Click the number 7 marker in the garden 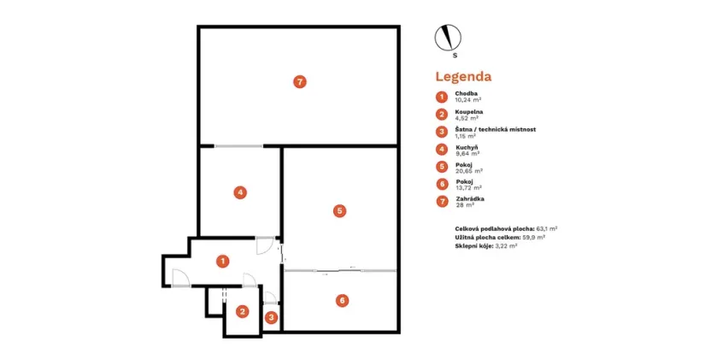[x=300, y=82]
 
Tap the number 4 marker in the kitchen [x=240, y=192]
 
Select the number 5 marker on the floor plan [x=339, y=210]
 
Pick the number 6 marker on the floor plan [x=343, y=300]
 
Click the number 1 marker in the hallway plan [x=222, y=261]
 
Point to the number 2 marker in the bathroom [x=243, y=311]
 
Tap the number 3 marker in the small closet [x=271, y=317]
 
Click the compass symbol [x=448, y=38]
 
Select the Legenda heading [x=463, y=77]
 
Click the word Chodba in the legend [x=466, y=93]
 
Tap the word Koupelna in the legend [x=469, y=112]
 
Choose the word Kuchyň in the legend [x=467, y=148]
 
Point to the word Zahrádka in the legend [x=470, y=199]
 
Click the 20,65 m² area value [x=469, y=171]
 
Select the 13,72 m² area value [x=469, y=187]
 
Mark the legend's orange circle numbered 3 [x=442, y=132]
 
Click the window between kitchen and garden [x=238, y=146]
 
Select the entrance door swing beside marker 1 [x=181, y=278]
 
